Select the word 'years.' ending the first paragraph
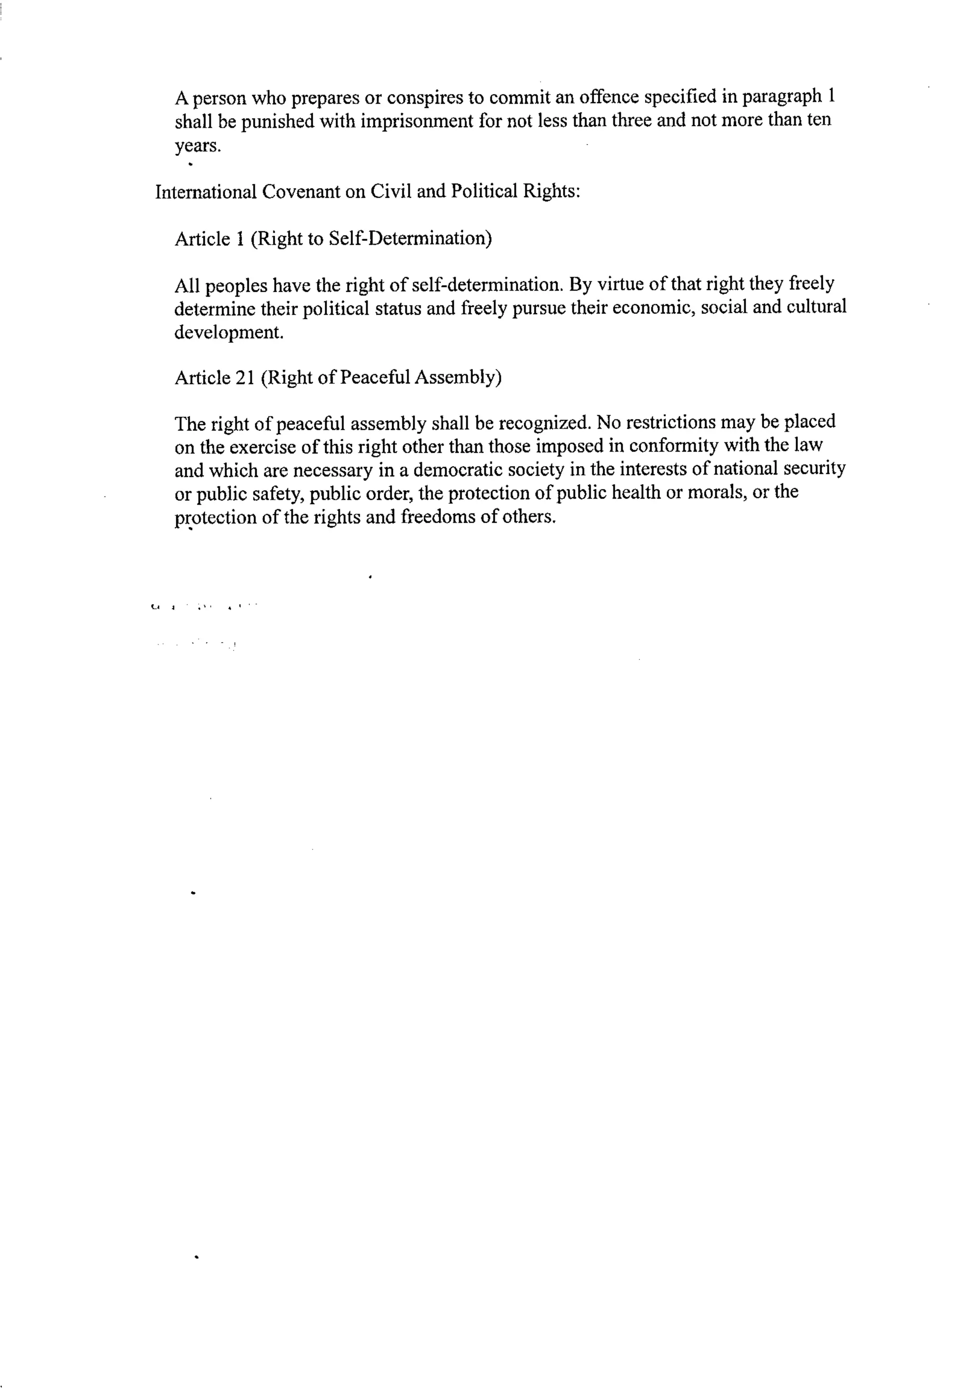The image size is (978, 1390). point(197,146)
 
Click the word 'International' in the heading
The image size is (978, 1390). point(206,192)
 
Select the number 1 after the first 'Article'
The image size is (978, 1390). point(239,239)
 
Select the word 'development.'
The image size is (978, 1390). point(229,332)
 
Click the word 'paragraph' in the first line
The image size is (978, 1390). point(782,97)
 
